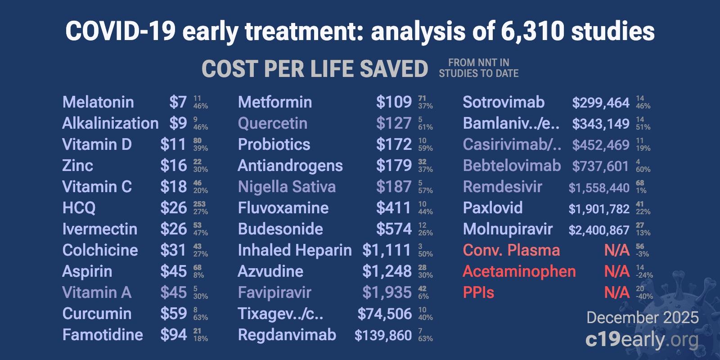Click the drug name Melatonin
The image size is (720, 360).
(x=98, y=102)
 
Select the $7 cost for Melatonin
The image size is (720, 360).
(x=178, y=102)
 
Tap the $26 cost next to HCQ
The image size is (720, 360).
(x=173, y=208)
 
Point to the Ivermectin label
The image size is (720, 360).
(x=99, y=229)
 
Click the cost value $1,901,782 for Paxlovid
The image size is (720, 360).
(x=598, y=209)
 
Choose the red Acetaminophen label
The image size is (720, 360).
(x=519, y=271)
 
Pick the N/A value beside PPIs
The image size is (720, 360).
(x=616, y=292)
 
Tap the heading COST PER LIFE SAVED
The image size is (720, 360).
(x=315, y=69)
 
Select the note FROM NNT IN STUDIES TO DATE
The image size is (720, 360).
(x=478, y=68)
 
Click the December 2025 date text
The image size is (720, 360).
(x=642, y=318)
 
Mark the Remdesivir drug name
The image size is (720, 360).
(x=502, y=187)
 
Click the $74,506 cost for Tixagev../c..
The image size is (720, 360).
(x=384, y=314)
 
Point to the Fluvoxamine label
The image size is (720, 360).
(x=283, y=208)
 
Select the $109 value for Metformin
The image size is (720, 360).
(x=394, y=102)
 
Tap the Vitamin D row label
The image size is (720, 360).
(x=97, y=144)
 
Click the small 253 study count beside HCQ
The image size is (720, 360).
(x=199, y=204)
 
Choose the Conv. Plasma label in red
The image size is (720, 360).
(x=511, y=250)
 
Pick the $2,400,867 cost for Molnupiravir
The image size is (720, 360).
(x=598, y=230)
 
